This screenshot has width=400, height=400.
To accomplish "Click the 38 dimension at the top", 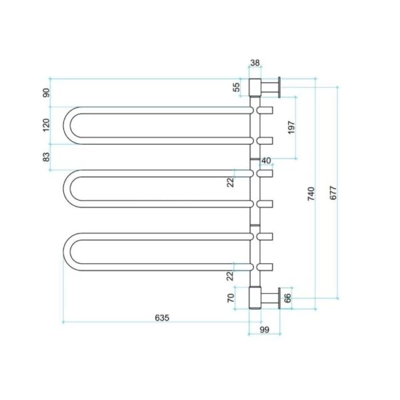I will (x=255, y=63).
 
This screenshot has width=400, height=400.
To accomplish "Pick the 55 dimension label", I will (x=236, y=87).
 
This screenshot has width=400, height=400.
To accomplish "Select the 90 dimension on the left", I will (x=46, y=93).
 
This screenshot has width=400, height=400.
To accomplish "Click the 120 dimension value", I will (x=46, y=125).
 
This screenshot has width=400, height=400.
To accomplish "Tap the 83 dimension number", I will (x=46, y=157).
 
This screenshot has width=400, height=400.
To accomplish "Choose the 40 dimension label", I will (x=266, y=161).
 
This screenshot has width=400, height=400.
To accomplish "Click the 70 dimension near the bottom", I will (x=231, y=298).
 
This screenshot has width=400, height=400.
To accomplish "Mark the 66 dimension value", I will (x=287, y=298).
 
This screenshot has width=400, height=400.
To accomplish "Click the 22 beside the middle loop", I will (x=230, y=181).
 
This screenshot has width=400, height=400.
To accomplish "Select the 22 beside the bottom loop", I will (x=230, y=275).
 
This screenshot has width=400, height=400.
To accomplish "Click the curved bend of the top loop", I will (x=69, y=125).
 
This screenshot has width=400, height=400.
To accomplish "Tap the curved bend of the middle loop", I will (x=69, y=188).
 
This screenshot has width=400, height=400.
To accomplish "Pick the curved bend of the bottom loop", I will (x=69, y=251).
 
